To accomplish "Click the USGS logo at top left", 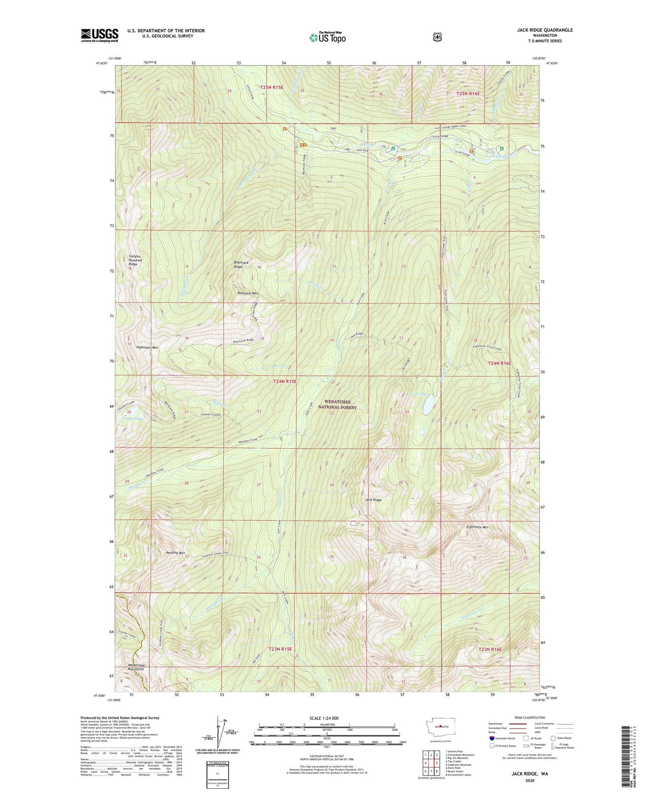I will [100, 35].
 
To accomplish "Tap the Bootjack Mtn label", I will [248, 293].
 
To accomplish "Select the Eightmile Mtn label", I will [477, 527].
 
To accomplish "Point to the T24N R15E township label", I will [285, 382].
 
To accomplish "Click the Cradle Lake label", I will [132, 418].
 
